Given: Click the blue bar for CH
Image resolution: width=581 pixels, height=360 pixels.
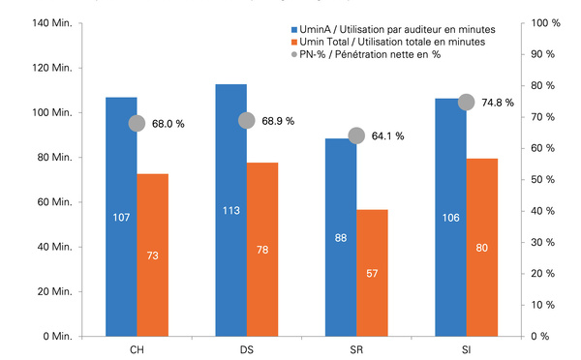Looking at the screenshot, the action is [121, 217].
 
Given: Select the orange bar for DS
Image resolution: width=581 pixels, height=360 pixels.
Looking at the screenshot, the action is [262, 250].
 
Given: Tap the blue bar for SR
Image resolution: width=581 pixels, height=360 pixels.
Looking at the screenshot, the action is [341, 237].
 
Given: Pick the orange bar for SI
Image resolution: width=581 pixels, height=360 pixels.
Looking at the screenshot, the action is [482, 248].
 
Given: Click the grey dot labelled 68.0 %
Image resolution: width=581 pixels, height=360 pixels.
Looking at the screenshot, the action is [137, 123].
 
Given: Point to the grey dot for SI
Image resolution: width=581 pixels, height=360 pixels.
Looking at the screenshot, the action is [466, 103].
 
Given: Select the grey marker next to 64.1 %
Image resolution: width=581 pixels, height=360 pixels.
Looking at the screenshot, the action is [356, 135].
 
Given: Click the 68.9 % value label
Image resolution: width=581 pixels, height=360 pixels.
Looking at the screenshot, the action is [278, 121].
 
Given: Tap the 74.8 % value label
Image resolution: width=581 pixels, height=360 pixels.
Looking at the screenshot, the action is [498, 103].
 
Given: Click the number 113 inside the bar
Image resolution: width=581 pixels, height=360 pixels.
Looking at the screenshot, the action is [231, 211].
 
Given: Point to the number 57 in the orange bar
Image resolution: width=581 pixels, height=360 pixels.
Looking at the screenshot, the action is [372, 273].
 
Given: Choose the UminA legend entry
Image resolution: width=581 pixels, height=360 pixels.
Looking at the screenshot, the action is [393, 29].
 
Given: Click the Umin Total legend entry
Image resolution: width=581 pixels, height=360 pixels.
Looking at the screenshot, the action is [388, 42].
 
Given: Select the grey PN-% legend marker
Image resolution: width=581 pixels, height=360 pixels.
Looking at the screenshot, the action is [294, 54].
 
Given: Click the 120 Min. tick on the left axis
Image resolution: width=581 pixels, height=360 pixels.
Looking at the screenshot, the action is [52, 68].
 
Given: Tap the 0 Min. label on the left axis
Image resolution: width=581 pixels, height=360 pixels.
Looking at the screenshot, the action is [57, 337].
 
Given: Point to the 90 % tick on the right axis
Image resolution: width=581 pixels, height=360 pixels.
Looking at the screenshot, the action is [543, 54].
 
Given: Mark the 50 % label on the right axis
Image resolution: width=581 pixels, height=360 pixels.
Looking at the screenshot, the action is [543, 180].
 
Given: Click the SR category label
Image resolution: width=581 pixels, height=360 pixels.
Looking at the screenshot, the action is [356, 350].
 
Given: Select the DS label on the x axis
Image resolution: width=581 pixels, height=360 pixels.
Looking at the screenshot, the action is [247, 350].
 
